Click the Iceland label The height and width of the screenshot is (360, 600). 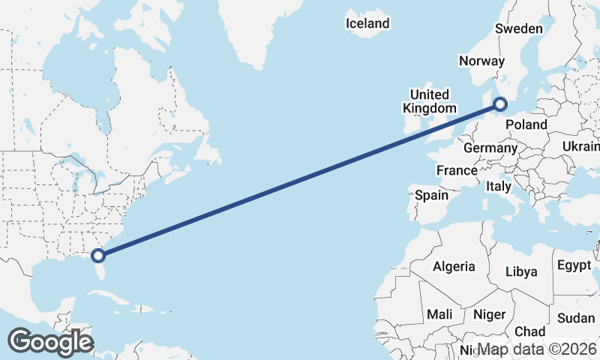tap(367, 23)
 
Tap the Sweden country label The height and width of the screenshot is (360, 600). tap(518, 28)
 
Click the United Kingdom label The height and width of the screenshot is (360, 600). tap(430, 101)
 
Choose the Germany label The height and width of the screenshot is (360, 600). tap(490, 148)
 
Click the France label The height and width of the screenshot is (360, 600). tap(457, 170)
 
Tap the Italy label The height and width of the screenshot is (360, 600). tap(499, 185)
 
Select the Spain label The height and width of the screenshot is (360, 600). tap(432, 195)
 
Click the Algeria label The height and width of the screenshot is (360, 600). tap(454, 266)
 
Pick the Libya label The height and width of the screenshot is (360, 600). tap(521, 271)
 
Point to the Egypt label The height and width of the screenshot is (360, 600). tap(574, 265)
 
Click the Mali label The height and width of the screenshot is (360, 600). tap(439, 313)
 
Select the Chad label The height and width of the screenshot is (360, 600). tap(530, 331)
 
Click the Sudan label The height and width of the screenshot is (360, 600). tap(576, 317)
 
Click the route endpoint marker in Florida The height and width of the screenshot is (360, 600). tap(98, 256)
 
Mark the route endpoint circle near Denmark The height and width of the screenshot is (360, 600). tap(501, 105)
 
